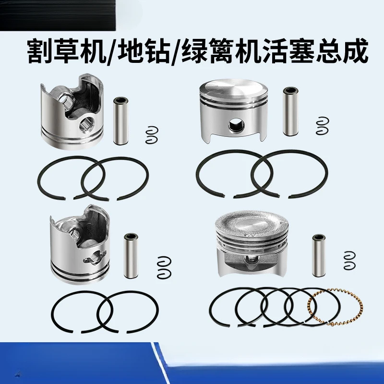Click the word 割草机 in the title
pos(68,51)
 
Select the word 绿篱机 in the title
pos(220,51)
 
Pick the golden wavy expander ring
pos(335,307)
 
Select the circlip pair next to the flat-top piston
pos(322,124)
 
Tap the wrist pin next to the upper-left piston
pos(120,120)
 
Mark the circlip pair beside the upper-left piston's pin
pos(152,134)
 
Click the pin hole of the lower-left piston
pos(95,258)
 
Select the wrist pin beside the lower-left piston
pos(131,256)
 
